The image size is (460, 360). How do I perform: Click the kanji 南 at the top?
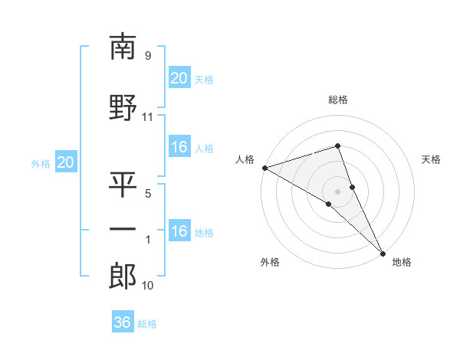123,47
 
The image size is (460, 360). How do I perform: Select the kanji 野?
123,106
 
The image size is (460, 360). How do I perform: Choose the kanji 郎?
123,277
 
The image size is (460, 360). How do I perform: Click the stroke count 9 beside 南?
147,56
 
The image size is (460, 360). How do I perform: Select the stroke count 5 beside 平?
147,194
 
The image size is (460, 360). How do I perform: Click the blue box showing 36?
123,322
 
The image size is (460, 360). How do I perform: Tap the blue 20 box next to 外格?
66,162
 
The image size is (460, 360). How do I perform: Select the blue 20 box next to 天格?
179,78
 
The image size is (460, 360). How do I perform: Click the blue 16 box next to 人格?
179,147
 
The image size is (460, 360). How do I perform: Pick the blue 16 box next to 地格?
179,231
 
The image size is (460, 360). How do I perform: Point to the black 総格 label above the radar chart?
337,100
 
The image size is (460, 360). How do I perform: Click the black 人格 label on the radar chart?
245,159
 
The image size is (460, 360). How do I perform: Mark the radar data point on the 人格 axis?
264,168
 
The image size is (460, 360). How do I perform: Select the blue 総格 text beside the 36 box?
147,324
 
